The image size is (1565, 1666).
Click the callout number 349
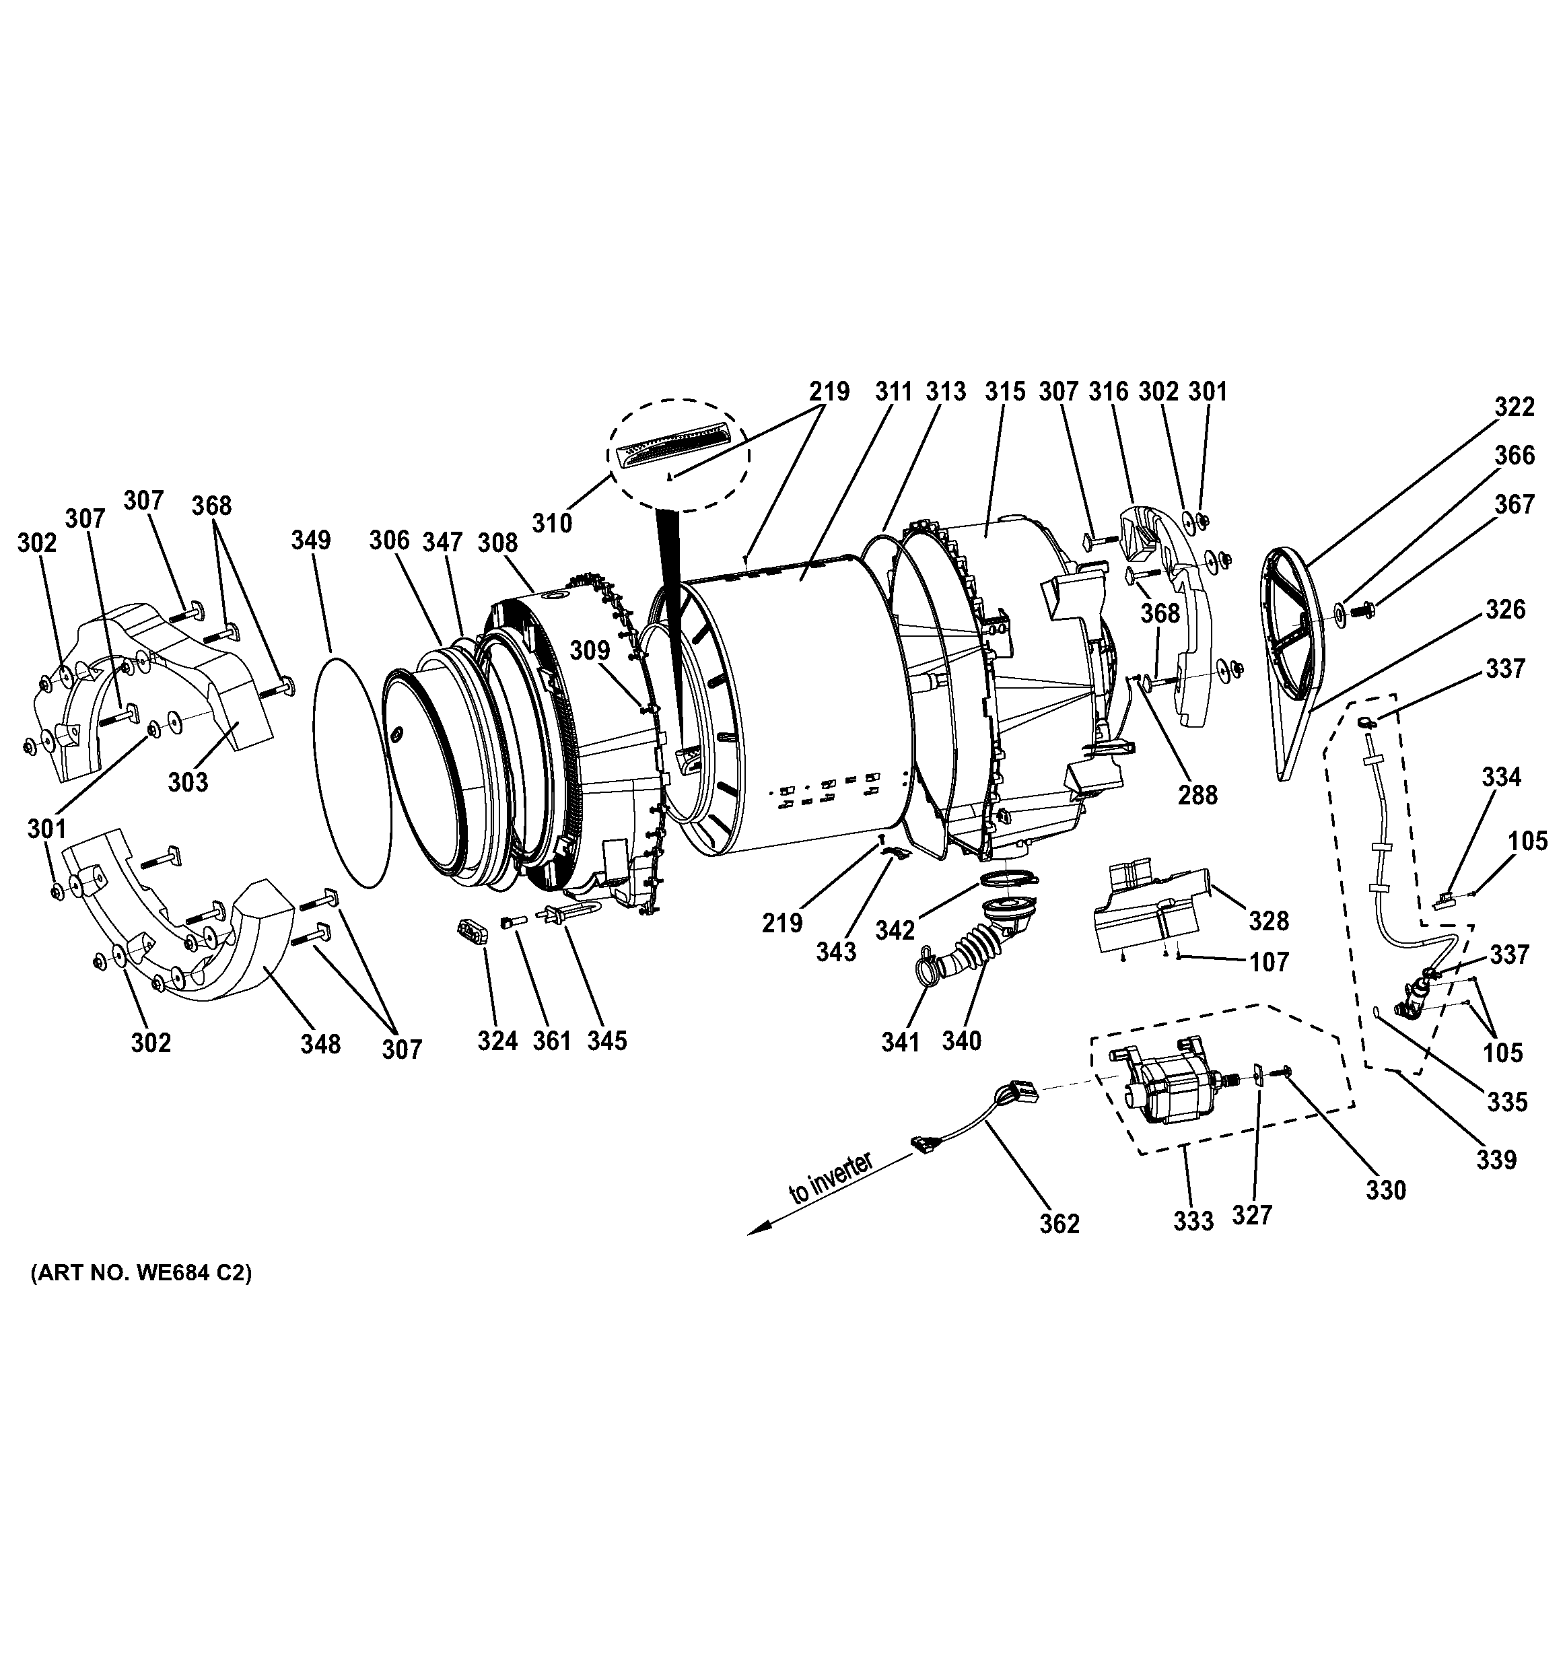[311, 540]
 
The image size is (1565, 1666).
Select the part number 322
[1515, 407]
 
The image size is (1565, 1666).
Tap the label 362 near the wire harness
[1059, 1224]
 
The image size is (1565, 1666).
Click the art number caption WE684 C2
[141, 1274]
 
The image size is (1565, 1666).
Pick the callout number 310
[552, 523]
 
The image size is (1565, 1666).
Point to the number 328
[1268, 921]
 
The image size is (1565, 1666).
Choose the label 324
[497, 1040]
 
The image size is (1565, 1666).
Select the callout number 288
[1197, 794]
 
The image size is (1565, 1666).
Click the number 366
[1515, 455]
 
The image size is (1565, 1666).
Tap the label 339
[1496, 1160]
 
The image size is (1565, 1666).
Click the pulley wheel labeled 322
[1298, 620]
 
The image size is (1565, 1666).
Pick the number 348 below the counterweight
[321, 1043]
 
